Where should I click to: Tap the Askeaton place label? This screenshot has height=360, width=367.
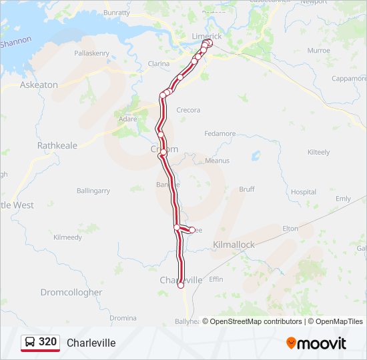point(39,85)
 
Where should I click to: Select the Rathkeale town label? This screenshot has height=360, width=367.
point(57,145)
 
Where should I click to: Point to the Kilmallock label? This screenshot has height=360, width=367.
point(234,245)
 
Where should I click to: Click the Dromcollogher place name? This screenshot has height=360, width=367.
point(71,292)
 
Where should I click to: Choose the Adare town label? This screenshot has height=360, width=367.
point(127,119)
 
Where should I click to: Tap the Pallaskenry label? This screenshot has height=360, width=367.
point(92,53)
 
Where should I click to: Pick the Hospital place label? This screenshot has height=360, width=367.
point(304,191)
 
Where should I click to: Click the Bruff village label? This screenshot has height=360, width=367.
point(247,189)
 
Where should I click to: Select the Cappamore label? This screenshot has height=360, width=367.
point(349,78)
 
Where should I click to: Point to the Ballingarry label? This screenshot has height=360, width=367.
point(93,191)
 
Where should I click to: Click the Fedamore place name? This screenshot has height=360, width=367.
point(220,133)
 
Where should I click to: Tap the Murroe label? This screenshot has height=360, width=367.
point(318,51)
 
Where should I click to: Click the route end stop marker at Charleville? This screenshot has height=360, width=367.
point(181,285)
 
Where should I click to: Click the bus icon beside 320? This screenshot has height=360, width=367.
point(30,342)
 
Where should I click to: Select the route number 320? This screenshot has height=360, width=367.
point(48,342)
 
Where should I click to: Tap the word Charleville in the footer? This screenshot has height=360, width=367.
point(91,343)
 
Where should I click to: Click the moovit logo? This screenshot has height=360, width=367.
point(316,343)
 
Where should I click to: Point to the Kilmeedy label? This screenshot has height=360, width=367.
point(67,237)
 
